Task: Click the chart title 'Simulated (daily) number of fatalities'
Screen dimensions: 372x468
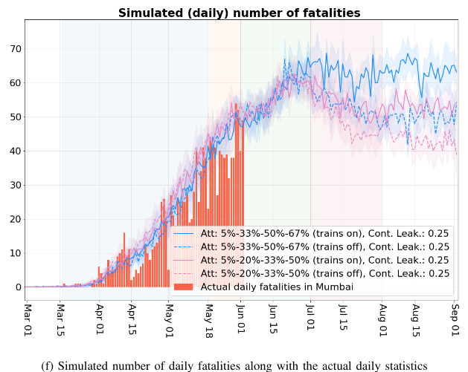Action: pos(239,13)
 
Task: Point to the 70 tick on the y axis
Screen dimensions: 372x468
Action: pos(13,49)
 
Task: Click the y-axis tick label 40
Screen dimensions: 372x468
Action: pos(13,151)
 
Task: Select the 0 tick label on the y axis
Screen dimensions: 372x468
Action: pos(16,287)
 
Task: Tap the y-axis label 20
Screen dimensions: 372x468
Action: pos(13,219)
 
